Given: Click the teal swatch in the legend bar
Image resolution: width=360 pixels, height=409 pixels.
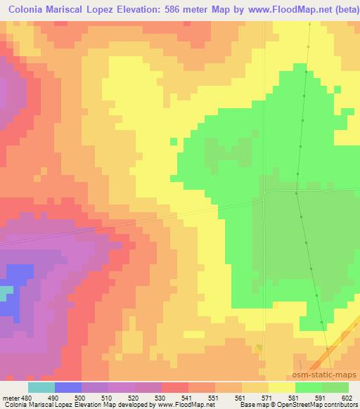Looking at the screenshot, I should [x=41, y=387].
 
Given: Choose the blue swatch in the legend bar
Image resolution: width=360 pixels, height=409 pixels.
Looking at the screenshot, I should [x=68, y=387].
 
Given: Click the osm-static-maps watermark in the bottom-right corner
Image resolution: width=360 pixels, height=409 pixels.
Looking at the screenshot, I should [x=330, y=375].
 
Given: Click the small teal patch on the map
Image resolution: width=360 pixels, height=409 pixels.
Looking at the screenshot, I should [x=6, y=290].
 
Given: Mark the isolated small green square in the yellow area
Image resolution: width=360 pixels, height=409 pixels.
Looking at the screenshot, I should [x=174, y=141].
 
